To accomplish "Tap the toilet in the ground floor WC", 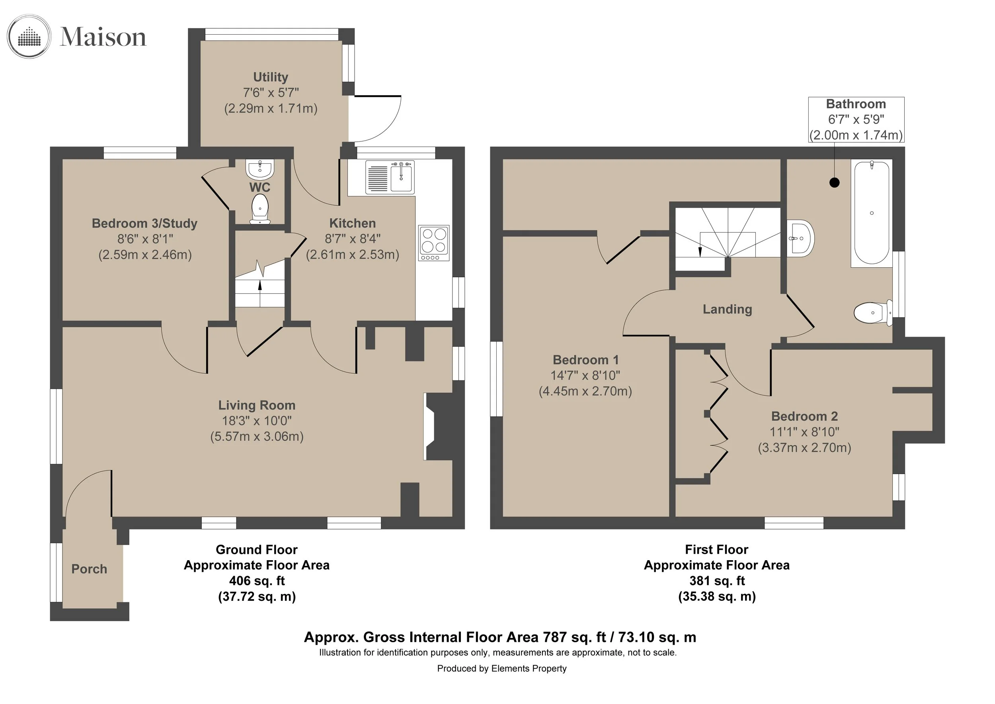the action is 260,209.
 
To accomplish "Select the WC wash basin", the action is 259,170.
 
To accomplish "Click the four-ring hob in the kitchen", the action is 434,243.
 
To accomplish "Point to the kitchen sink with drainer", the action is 390,176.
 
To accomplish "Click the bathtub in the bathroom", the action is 872,213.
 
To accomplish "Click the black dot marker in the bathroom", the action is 834,182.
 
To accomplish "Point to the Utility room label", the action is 270,77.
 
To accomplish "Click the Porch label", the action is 89,569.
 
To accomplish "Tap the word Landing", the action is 727,309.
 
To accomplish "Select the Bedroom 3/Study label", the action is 145,224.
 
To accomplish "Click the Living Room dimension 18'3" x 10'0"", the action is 257,420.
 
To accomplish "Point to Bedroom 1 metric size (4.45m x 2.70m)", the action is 585,391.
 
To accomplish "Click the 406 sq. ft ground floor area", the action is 257,580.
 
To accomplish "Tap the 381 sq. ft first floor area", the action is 717,580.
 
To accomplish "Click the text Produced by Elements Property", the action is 501,669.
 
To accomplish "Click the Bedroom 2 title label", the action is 804,416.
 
